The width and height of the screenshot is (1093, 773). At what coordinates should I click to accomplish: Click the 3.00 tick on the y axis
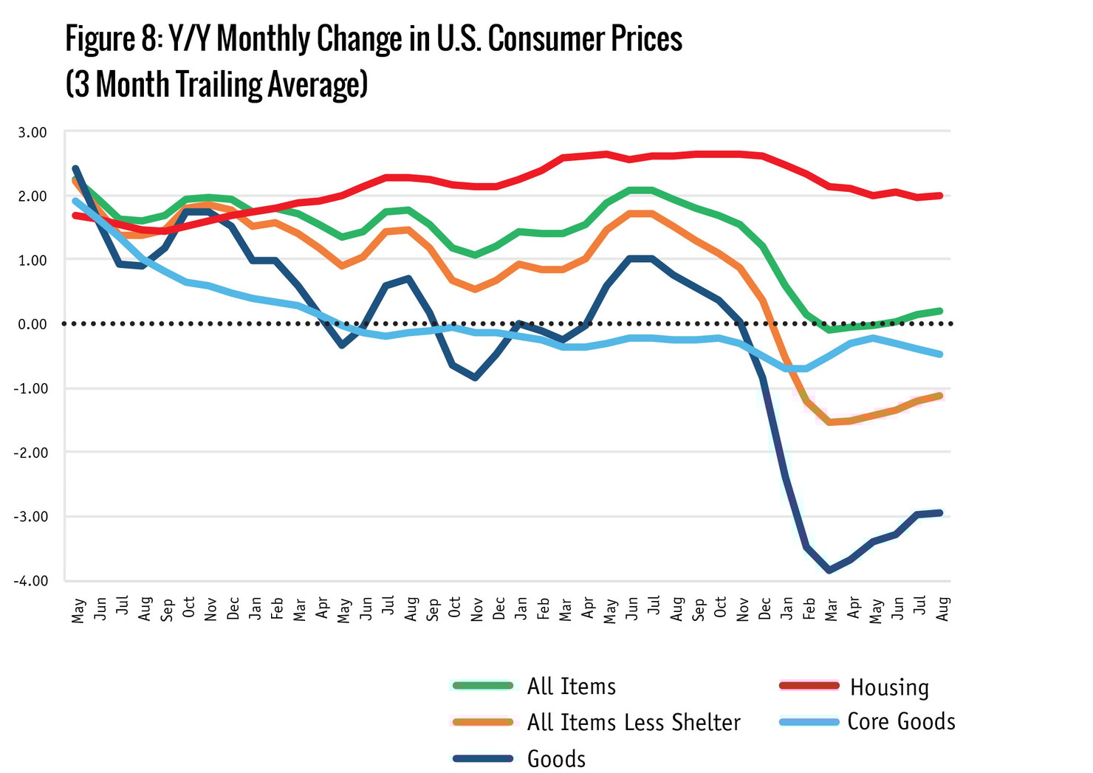(32, 132)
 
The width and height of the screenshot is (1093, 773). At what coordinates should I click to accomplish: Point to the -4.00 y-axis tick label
(30, 580)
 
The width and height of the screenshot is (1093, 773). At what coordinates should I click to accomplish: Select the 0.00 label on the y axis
(32, 324)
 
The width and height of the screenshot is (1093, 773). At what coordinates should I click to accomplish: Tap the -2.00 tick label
(30, 452)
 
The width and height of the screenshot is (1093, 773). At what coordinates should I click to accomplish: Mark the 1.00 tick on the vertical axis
(32, 260)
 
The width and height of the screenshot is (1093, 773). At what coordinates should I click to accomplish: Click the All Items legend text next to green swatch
(571, 687)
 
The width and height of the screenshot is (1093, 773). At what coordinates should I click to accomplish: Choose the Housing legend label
(889, 687)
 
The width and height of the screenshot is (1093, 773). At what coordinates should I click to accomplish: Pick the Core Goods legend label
(901, 721)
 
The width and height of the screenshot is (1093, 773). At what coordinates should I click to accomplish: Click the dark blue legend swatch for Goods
(482, 758)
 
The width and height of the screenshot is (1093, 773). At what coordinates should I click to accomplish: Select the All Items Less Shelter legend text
(634, 722)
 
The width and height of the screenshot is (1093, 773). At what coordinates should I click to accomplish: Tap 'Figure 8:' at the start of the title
(113, 38)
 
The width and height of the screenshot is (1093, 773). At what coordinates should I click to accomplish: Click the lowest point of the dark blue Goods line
(831, 570)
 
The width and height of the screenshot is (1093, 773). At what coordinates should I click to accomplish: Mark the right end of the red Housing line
(941, 196)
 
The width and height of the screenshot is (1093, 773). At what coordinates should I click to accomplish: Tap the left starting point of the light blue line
(75, 201)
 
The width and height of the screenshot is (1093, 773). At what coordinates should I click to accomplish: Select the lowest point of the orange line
(831, 422)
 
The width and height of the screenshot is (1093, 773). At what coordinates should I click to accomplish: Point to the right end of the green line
(941, 311)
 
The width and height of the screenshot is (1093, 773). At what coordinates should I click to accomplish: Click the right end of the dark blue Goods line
(941, 512)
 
